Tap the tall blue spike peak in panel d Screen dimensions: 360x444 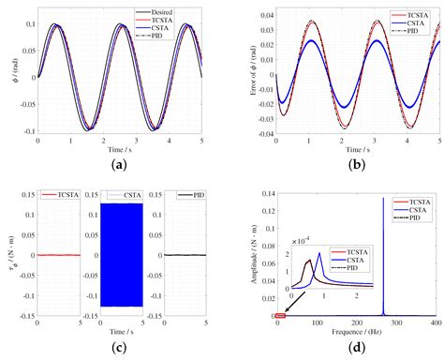pyautogui.click(x=383, y=199)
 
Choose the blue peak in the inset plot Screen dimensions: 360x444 pyautogui.click(x=319, y=253)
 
